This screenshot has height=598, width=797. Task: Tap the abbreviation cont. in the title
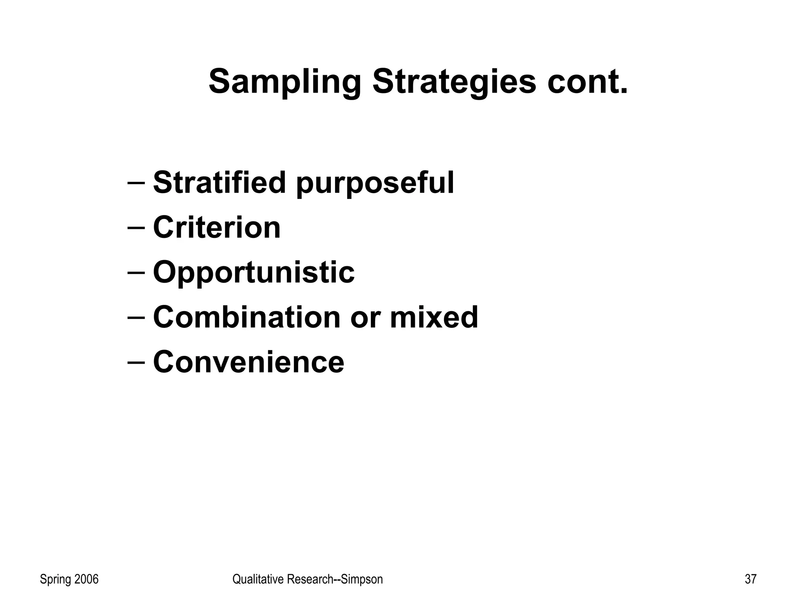pos(588,82)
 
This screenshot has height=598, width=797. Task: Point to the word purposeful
pos(375,184)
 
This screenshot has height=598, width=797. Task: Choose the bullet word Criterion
pos(217,227)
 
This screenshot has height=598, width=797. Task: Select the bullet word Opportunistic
pos(254,273)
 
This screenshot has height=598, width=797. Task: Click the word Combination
pos(247,317)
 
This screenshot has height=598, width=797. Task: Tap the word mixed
pos(434,317)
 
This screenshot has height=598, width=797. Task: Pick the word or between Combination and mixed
pos(365,318)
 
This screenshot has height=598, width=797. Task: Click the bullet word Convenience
pos(249,362)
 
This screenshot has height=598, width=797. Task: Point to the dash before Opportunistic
pos(136,272)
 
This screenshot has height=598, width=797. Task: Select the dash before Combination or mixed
pos(136,317)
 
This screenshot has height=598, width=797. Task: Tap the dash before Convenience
pos(136,362)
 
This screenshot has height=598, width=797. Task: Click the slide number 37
pos(751,579)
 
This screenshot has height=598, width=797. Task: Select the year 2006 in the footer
pos(86,579)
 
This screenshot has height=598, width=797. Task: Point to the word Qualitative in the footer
pos(258,579)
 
